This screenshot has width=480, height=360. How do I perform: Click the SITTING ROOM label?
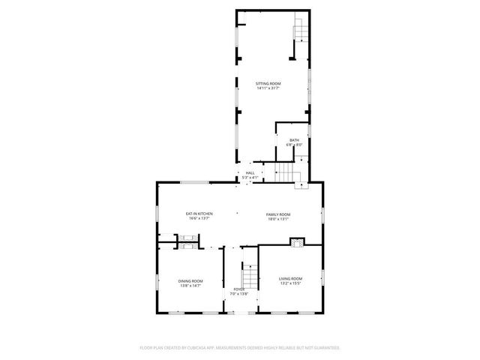tap(267, 83)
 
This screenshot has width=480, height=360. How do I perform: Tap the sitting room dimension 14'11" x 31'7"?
tap(267, 88)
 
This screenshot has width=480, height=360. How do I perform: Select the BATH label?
tap(294, 139)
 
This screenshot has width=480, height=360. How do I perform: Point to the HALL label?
tap(250, 172)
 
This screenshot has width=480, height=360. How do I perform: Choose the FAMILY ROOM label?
tap(277, 214)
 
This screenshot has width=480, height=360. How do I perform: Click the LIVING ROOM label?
tap(290, 278)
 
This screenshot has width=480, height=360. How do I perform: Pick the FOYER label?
tap(238, 289)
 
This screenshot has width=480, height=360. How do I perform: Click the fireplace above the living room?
tap(298, 242)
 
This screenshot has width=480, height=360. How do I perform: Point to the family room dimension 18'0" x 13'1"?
tap(277, 219)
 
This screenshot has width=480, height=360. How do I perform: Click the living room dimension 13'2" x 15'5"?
tap(290, 283)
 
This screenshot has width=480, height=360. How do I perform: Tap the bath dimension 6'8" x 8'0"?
tap(294, 145)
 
